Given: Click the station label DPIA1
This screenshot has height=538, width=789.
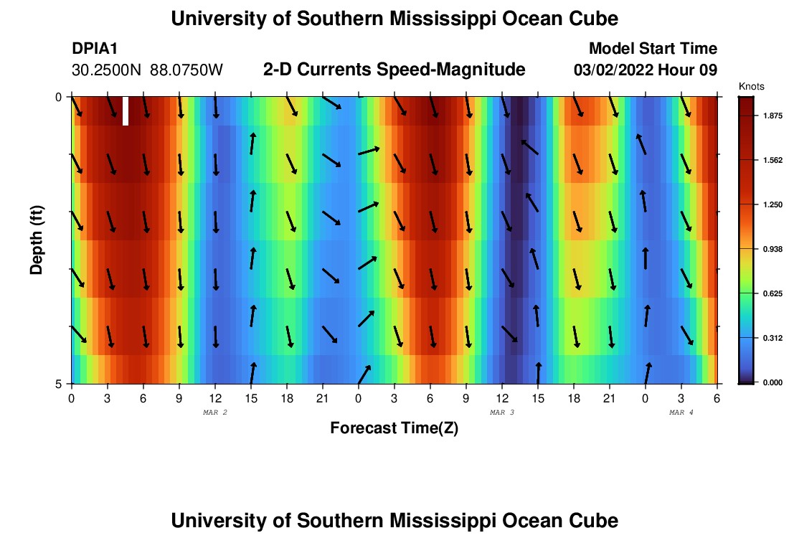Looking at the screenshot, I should [x=95, y=49].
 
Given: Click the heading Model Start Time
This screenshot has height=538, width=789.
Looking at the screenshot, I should [x=653, y=49].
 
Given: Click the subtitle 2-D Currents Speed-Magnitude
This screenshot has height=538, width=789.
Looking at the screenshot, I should [x=394, y=70].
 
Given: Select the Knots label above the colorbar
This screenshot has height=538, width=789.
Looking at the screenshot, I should [x=751, y=86].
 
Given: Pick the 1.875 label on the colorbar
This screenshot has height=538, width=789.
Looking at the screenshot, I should [x=774, y=116].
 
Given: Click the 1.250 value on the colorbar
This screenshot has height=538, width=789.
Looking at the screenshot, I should [x=774, y=205].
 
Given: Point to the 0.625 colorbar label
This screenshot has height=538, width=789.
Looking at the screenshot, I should [x=774, y=293].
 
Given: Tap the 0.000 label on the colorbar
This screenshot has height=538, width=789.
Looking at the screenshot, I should [x=774, y=382].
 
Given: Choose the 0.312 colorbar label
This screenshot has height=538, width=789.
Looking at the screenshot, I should [x=774, y=338].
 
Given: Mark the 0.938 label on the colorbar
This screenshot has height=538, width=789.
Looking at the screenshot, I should [x=774, y=250].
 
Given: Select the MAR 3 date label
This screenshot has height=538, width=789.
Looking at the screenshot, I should [x=502, y=412].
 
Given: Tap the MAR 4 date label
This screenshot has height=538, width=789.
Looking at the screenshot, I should [x=681, y=412].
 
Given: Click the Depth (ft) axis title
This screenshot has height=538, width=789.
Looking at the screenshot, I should [x=37, y=240].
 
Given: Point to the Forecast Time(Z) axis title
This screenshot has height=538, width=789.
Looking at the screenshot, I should [x=394, y=428].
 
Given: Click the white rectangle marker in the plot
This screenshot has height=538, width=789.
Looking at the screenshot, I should [x=126, y=111].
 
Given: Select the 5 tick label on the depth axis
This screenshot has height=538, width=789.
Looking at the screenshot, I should [x=59, y=384].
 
